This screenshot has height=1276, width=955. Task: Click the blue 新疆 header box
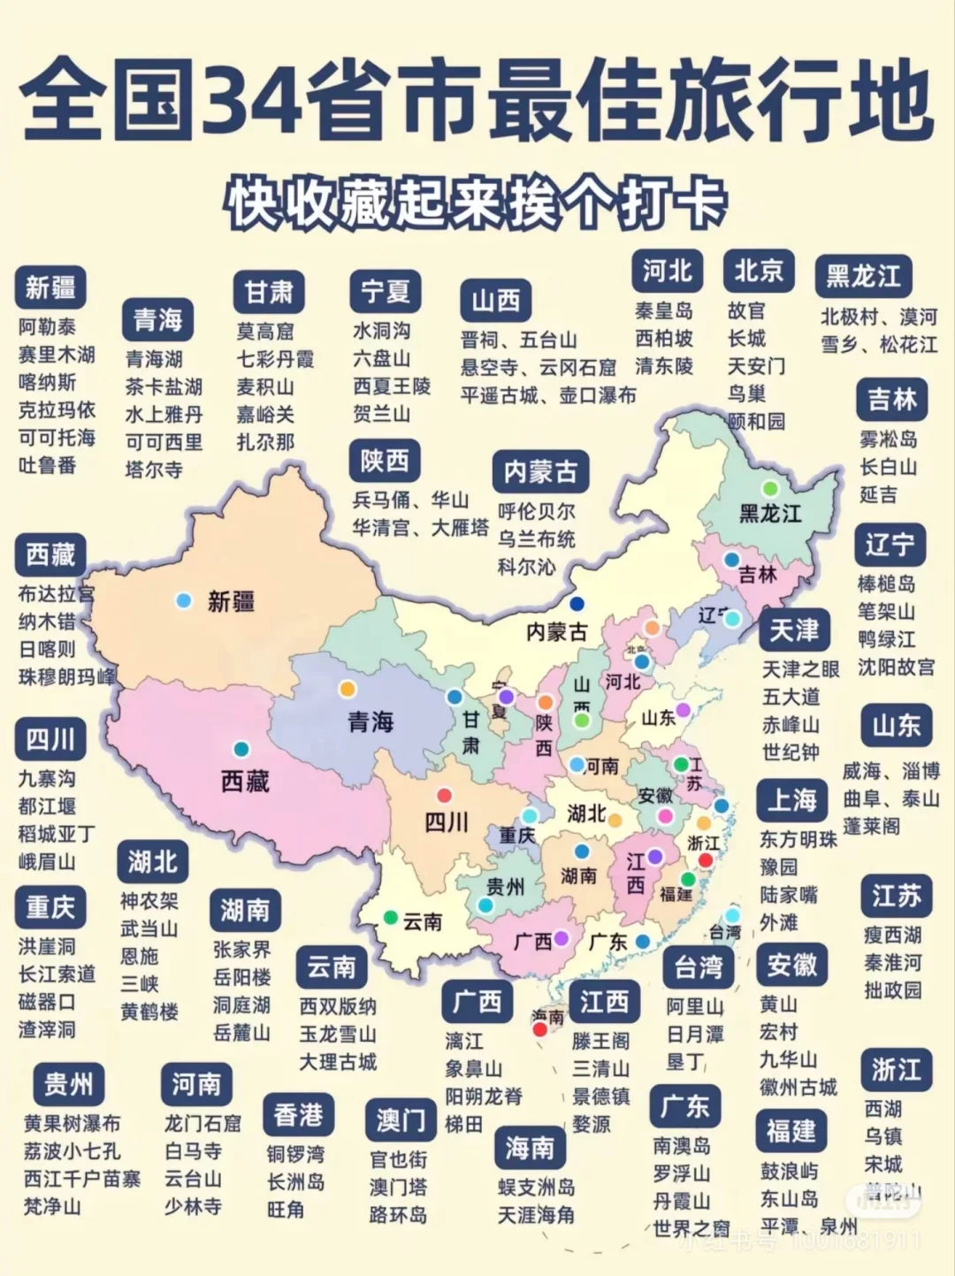click(x=50, y=287)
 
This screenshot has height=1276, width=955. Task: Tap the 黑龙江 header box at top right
click(x=863, y=277)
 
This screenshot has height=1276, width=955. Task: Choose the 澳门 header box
click(x=401, y=1120)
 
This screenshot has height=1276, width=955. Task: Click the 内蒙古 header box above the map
click(x=540, y=472)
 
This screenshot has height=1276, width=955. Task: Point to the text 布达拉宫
click(x=56, y=593)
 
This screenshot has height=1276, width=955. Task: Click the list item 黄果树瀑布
click(x=72, y=1123)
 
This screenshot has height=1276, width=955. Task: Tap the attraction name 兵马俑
click(x=381, y=500)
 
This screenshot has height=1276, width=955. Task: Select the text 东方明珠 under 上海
click(x=798, y=839)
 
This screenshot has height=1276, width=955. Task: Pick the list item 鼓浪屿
click(x=789, y=1171)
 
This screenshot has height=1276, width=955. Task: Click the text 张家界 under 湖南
click(x=241, y=950)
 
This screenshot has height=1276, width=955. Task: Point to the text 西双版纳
click(x=338, y=1006)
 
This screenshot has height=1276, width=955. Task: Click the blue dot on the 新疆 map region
click(x=184, y=600)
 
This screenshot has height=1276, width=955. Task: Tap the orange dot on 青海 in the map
click(x=348, y=688)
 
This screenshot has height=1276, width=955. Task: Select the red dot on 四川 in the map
click(x=444, y=795)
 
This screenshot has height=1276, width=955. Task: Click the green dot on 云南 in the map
click(x=390, y=918)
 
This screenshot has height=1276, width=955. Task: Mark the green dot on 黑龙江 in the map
click(x=770, y=488)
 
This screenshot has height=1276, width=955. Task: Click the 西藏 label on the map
click(x=245, y=782)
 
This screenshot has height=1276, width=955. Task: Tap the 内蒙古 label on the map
click(x=556, y=632)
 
